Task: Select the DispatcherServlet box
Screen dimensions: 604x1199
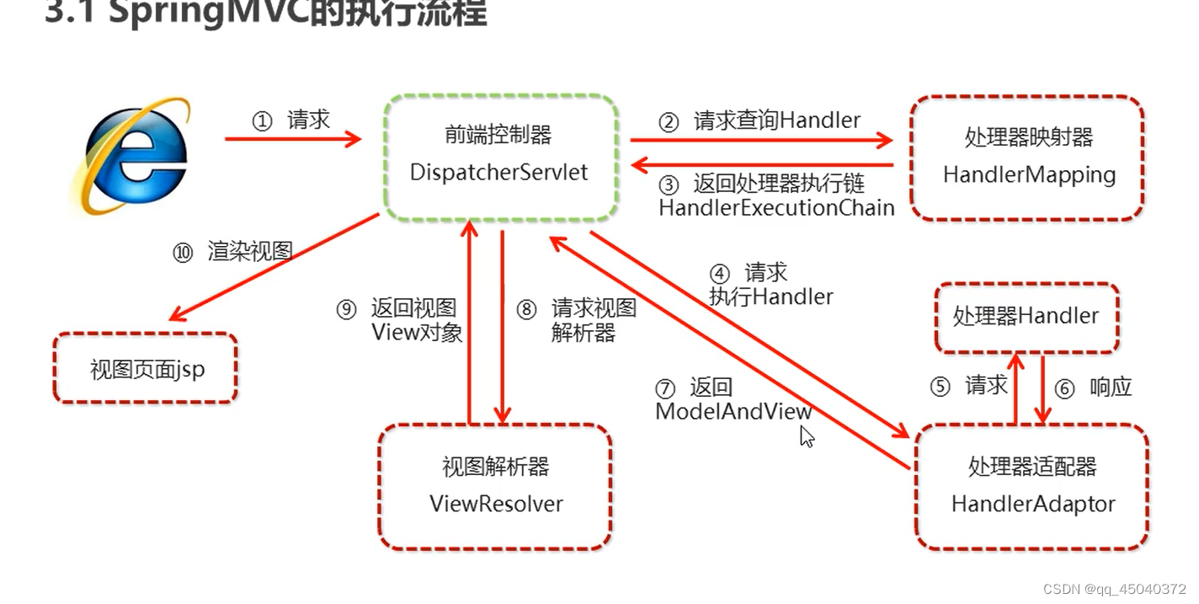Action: coord(499,158)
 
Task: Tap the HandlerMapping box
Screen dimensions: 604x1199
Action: coord(1028,158)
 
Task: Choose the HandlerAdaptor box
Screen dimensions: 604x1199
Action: coord(1032,486)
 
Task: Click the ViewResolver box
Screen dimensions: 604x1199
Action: coord(495,486)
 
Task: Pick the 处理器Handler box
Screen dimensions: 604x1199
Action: coord(1026,317)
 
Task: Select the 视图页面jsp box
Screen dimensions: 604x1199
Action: coord(147,369)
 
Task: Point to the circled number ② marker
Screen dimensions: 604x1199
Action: coord(669,123)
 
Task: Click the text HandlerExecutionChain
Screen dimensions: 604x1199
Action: coord(776,207)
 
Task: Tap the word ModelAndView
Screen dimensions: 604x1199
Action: coord(733,412)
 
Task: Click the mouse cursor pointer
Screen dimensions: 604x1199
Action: coord(806,436)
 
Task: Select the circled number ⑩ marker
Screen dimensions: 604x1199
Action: coord(183,253)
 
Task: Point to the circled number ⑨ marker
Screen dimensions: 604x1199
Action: coord(347,310)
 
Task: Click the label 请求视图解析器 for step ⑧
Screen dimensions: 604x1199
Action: coord(593,320)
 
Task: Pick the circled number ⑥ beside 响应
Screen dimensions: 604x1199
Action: coord(1064,388)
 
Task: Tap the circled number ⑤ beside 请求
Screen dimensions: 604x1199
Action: coord(940,387)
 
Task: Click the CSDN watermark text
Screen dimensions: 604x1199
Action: coord(1114,590)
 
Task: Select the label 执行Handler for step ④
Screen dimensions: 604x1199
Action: coord(770,297)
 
